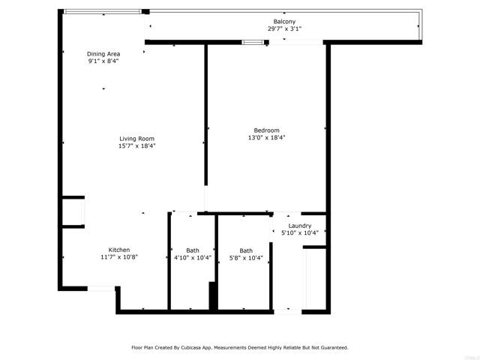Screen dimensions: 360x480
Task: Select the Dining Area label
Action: click(103, 54)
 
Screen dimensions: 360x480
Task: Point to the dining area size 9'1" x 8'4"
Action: click(103, 61)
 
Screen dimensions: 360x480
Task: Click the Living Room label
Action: click(136, 138)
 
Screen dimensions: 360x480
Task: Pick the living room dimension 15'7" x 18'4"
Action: click(136, 145)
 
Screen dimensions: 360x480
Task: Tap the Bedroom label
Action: click(266, 130)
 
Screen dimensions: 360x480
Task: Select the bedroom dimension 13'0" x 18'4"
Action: click(266, 137)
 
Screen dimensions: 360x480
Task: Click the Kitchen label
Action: click(119, 250)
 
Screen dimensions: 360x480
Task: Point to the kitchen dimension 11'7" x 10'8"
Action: click(119, 257)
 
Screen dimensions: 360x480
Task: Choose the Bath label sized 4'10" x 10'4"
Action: click(193, 250)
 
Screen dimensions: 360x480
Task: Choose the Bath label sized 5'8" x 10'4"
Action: click(246, 250)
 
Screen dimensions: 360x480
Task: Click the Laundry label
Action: click(299, 226)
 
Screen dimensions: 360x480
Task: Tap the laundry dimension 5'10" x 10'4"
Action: click(299, 233)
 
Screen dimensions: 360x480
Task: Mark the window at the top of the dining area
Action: click(102, 11)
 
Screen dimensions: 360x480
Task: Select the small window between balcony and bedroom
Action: click(253, 42)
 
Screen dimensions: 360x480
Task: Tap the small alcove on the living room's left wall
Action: click(73, 211)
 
